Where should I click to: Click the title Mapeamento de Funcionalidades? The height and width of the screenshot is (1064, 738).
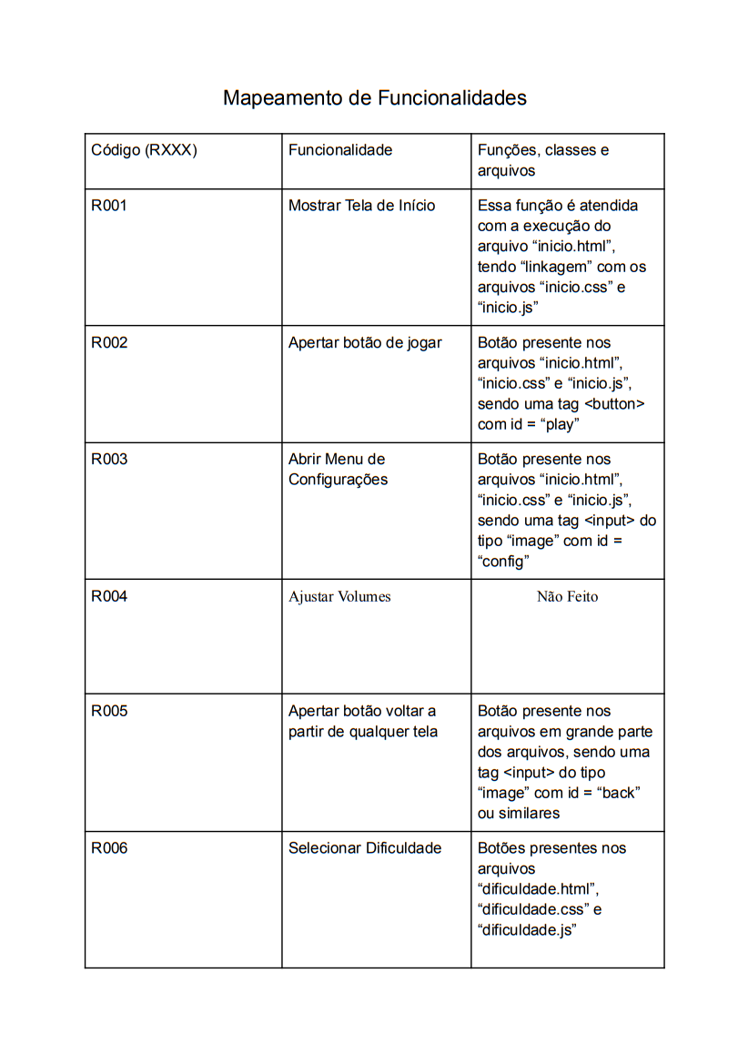tap(375, 97)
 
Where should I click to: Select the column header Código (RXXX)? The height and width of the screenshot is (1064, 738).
tap(144, 150)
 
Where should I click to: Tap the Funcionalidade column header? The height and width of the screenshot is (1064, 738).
tap(340, 150)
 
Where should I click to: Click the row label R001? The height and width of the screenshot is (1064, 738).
tap(109, 206)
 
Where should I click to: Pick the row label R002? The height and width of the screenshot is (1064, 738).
tap(109, 343)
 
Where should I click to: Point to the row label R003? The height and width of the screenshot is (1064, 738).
tap(109, 460)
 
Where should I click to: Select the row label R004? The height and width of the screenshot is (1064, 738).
tap(109, 597)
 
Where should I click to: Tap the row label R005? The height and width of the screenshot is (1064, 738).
tap(109, 712)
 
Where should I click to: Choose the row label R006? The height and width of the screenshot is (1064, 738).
tap(109, 848)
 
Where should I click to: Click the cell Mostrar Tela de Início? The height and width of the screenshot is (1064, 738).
tap(362, 206)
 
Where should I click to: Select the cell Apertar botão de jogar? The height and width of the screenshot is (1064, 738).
tap(365, 343)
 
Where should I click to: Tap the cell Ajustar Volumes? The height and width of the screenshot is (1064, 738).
tap(339, 597)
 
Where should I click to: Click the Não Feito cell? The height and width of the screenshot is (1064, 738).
tap(567, 597)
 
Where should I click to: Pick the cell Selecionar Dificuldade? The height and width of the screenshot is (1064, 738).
tap(365, 848)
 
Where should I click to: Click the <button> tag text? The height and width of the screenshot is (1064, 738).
tap(612, 404)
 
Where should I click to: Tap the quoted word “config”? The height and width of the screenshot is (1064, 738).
tap(503, 562)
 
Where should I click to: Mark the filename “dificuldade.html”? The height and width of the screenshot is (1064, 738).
tap(537, 889)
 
